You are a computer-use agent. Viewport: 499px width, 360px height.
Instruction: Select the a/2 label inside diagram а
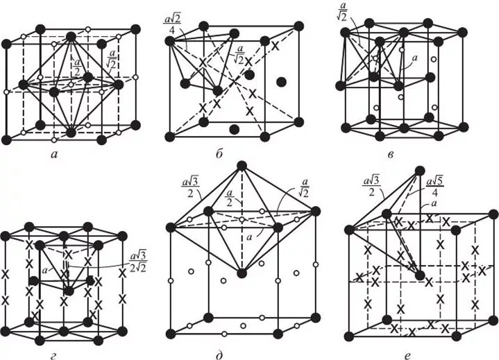76,69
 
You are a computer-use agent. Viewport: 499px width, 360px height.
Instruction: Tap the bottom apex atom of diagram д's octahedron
242,273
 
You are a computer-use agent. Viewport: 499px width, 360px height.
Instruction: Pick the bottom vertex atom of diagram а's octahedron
71,131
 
